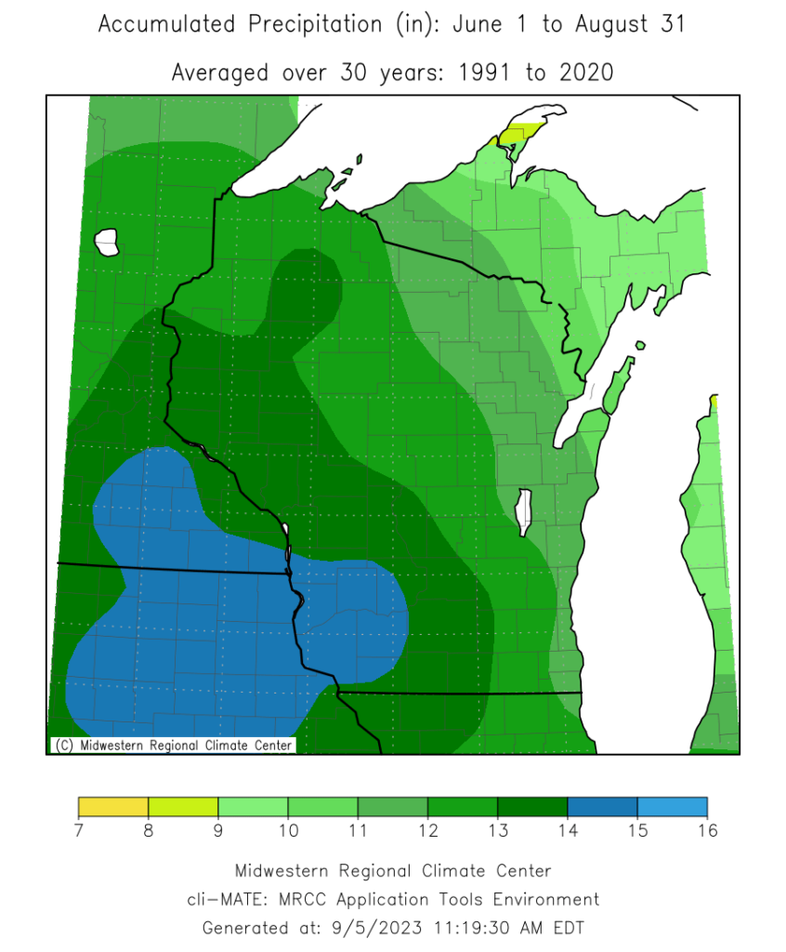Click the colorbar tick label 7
[x=79, y=830]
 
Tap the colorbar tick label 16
[x=707, y=830]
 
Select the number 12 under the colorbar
[x=427, y=830]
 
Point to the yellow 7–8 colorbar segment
[x=113, y=806]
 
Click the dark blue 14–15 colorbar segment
[x=602, y=806]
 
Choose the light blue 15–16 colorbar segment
[x=672, y=806]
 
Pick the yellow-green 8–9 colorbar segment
[x=183, y=806]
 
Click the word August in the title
[x=614, y=25]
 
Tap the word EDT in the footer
[x=566, y=927]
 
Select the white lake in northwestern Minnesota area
[x=107, y=243]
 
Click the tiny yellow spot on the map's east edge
[x=714, y=401]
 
